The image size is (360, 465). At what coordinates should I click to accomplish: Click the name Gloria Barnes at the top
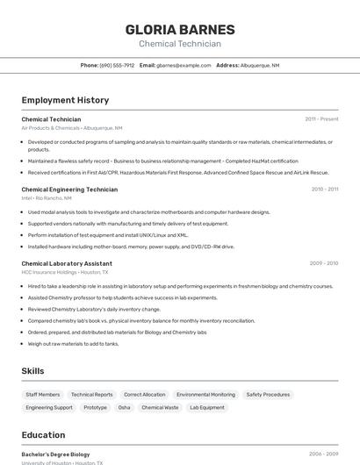[179, 30]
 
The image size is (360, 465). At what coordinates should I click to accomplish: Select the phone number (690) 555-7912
[117, 66]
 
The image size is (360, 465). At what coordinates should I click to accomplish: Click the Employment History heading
[65, 100]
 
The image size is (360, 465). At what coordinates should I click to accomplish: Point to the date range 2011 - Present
[321, 119]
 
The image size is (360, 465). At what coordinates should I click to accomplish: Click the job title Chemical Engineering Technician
[69, 190]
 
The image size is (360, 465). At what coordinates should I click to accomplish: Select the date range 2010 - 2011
[324, 190]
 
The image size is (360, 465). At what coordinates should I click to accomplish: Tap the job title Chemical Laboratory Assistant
[67, 263]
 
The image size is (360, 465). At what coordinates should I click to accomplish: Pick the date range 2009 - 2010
[323, 263]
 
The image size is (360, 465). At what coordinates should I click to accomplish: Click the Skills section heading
[33, 372]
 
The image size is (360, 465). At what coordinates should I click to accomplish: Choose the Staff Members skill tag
[43, 395]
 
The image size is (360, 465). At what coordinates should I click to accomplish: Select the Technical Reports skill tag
[92, 395]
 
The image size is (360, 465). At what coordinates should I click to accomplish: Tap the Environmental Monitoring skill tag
[205, 395]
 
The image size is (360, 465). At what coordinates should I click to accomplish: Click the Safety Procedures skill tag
[268, 395]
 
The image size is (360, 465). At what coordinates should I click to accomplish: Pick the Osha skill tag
[124, 407]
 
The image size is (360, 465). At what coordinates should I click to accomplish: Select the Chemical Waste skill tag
[160, 407]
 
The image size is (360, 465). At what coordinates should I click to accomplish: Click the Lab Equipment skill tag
[207, 407]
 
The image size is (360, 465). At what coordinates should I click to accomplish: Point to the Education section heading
[43, 435]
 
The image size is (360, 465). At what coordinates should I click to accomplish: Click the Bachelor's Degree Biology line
[55, 454]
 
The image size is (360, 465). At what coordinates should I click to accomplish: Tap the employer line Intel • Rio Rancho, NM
[47, 198]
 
